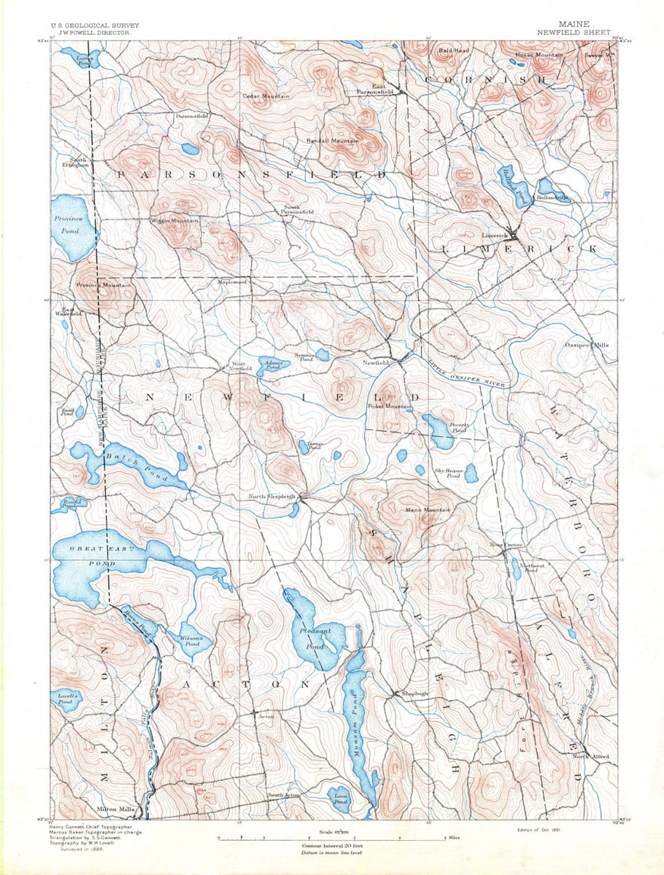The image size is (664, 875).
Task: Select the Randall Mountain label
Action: [x=332, y=141]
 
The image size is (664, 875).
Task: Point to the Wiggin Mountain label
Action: [x=175, y=221]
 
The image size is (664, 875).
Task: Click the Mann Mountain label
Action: [x=428, y=510]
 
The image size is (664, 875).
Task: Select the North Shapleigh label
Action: [x=272, y=496]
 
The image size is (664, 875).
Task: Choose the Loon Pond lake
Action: [x=340, y=798]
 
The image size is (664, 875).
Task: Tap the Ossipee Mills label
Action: [x=587, y=345]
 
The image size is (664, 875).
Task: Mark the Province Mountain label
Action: [x=103, y=286]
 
